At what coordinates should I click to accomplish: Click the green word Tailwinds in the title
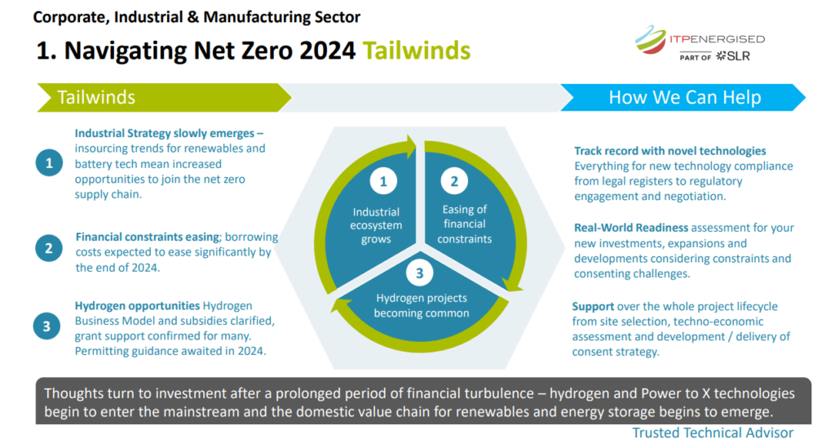(417, 51)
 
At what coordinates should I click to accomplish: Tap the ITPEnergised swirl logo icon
(650, 39)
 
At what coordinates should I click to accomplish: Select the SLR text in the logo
(738, 56)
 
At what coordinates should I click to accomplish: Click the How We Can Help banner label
(685, 97)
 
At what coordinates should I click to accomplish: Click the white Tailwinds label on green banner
(96, 97)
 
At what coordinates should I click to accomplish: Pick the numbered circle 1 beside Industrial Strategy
(49, 162)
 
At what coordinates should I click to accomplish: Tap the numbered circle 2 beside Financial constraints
(48, 248)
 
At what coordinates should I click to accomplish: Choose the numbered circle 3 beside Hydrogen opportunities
(46, 326)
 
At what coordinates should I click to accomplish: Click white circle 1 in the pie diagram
(383, 182)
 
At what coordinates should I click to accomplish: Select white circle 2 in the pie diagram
(454, 182)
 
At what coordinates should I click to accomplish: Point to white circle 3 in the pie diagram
(420, 273)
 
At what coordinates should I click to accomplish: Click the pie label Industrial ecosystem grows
(376, 225)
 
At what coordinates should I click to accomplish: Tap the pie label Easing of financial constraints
(464, 224)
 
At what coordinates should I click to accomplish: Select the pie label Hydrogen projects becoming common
(422, 306)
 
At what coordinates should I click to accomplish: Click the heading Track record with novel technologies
(670, 151)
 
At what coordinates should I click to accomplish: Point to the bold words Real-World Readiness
(631, 228)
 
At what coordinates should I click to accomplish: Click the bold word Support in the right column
(594, 307)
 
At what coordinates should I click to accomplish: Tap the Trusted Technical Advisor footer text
(713, 433)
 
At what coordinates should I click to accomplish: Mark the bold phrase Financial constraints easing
(148, 237)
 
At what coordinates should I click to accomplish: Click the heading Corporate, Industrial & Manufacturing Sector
(197, 17)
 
